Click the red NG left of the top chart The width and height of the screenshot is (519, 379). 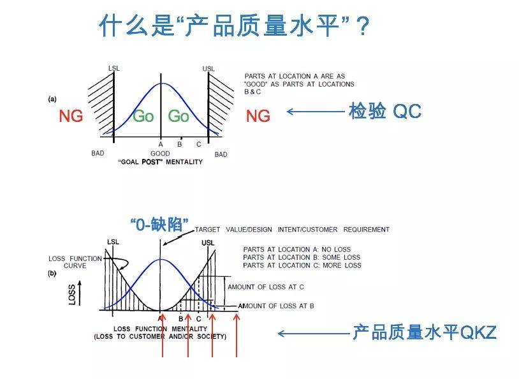click(71, 116)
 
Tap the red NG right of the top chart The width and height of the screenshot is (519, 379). click(258, 116)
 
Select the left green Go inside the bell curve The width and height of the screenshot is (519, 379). click(143, 116)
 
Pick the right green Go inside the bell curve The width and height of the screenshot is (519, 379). click(179, 116)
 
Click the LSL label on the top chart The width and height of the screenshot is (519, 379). click(114, 68)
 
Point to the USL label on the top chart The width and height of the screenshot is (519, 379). click(208, 68)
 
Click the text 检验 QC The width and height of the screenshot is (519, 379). click(385, 111)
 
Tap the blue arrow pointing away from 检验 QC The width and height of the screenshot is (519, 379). click(316, 112)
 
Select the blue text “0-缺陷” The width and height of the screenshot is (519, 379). click(159, 225)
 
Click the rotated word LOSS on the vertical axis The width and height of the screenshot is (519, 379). click(72, 294)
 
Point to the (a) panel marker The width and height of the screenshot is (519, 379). click(52, 99)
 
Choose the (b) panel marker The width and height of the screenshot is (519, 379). click(52, 273)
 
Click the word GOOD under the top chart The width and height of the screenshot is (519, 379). click(160, 153)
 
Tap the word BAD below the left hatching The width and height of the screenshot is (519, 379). click(98, 153)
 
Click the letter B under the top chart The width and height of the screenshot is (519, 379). click(179, 144)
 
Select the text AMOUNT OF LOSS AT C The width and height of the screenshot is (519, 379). click(266, 287)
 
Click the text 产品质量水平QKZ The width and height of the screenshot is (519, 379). click(425, 332)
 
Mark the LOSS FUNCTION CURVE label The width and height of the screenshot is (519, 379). click(75, 262)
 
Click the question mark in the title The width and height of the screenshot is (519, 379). click(363, 27)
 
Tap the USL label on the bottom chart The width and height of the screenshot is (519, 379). click(208, 243)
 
